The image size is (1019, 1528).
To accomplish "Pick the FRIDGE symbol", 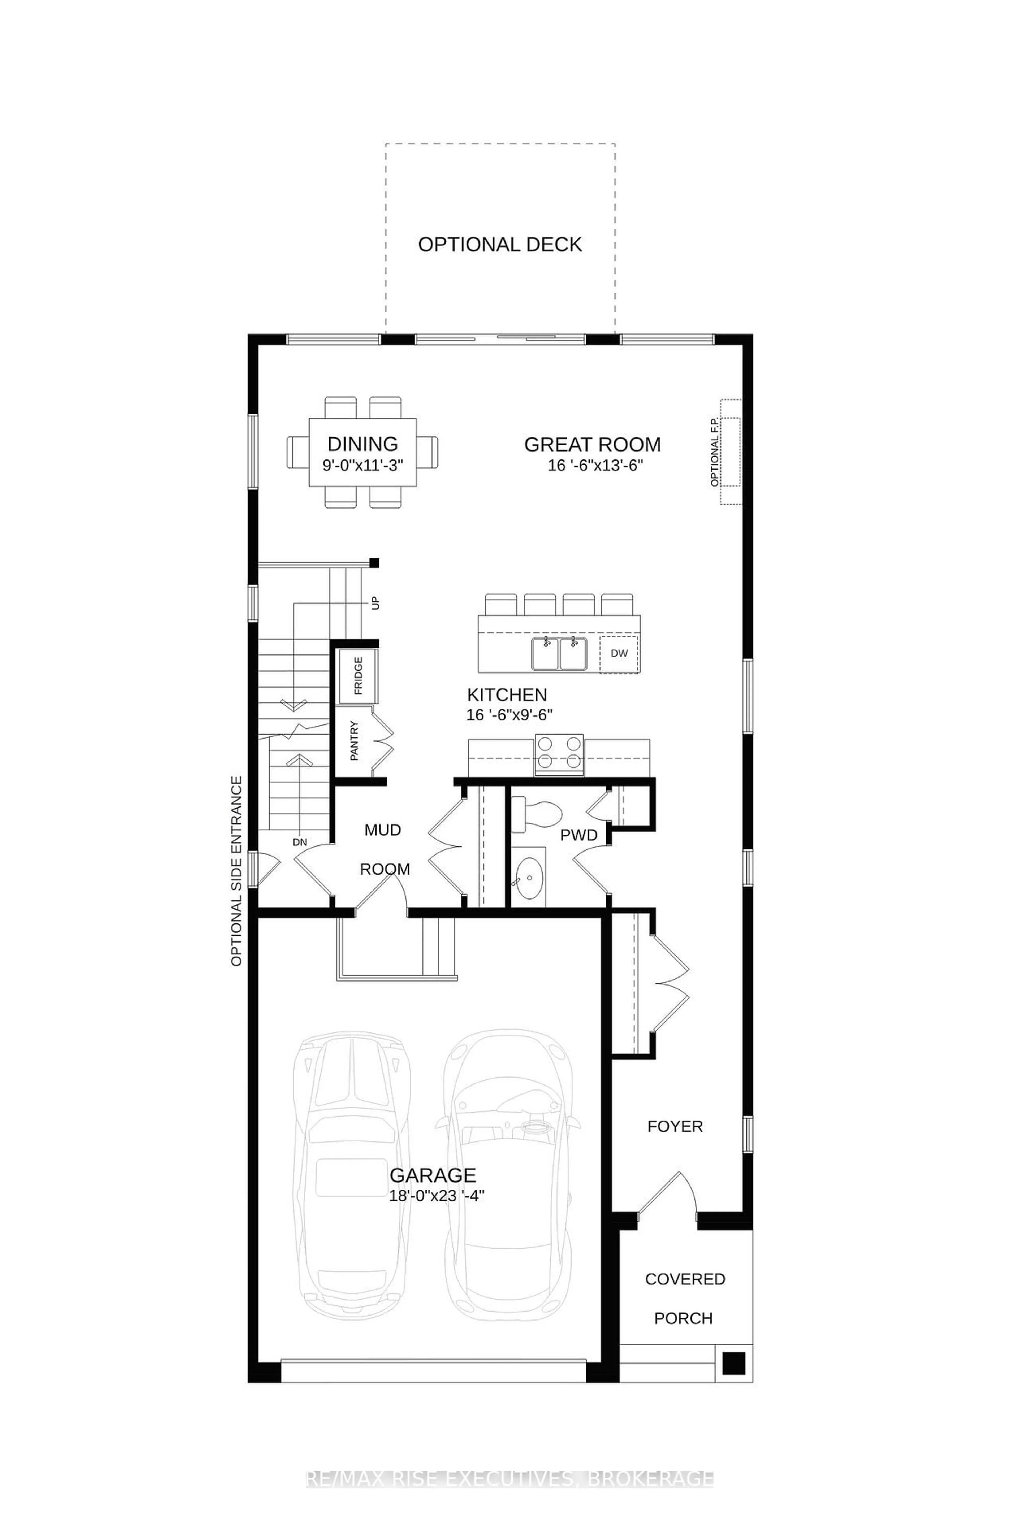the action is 357,676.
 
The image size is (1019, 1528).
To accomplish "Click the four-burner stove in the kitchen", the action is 559,755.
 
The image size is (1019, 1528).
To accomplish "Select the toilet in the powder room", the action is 535,815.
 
